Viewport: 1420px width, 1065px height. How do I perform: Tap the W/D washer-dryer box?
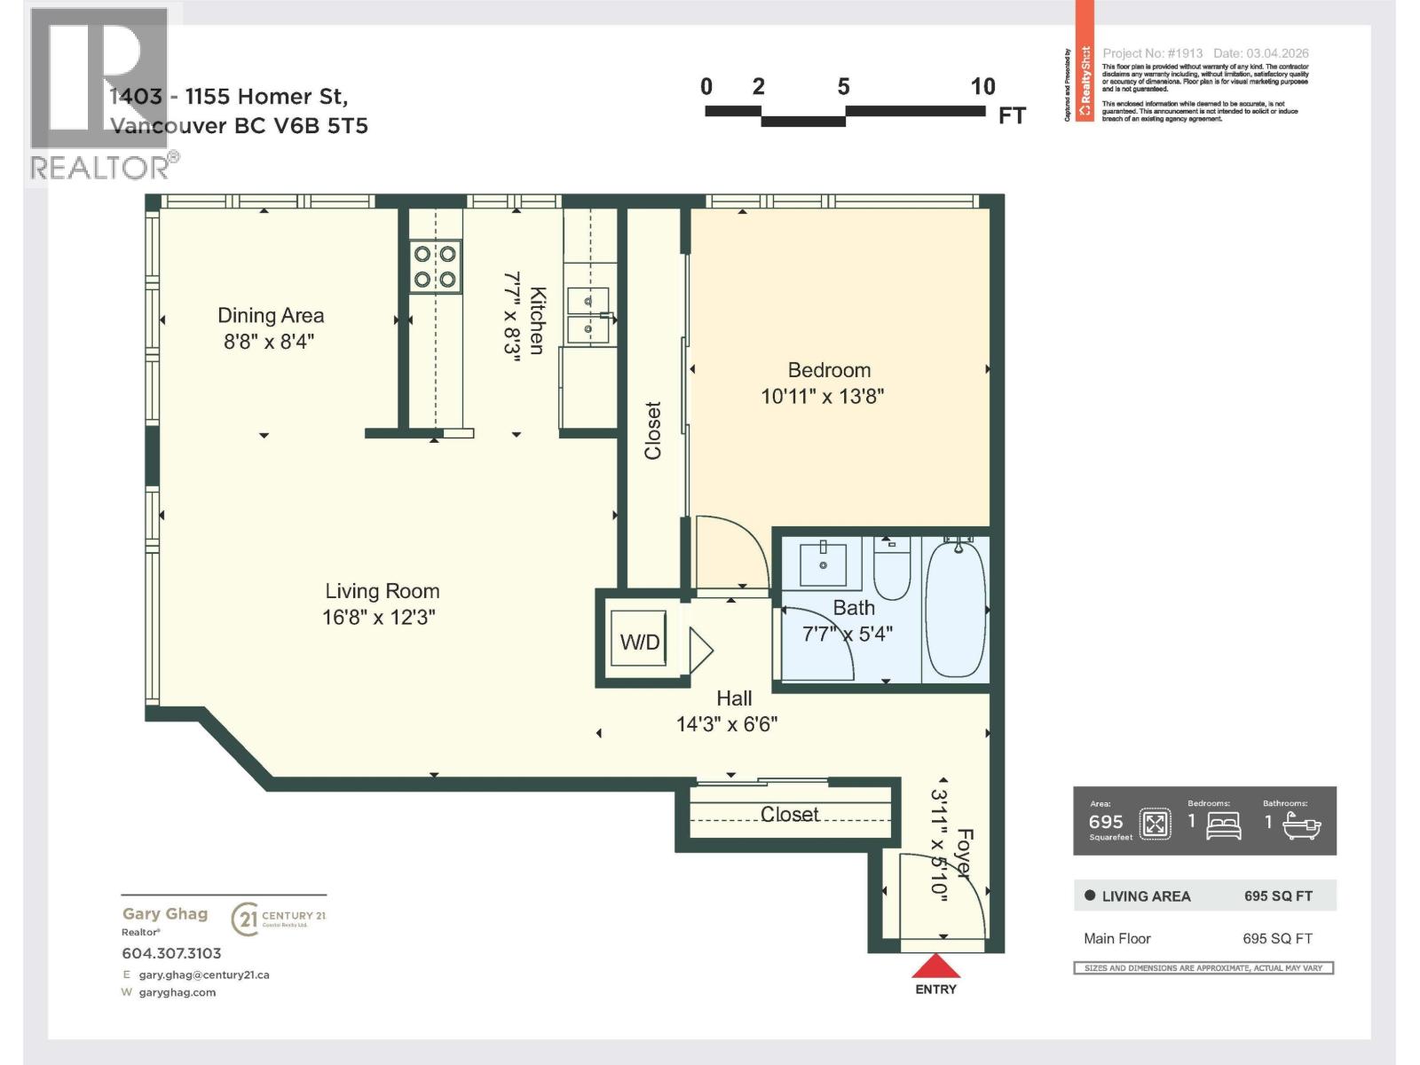[639, 642]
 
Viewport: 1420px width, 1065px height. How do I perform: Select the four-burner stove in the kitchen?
[435, 266]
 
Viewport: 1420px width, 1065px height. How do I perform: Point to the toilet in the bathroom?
[892, 568]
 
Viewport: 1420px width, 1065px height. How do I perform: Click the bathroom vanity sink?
[823, 564]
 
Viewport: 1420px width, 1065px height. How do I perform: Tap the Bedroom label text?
[829, 370]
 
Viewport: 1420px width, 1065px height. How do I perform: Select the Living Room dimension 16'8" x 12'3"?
[379, 618]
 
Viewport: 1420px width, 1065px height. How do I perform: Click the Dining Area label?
[271, 316]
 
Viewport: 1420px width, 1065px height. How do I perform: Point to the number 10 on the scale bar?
[982, 87]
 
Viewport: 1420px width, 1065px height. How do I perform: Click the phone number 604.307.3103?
[171, 953]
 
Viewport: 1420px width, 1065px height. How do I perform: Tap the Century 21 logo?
[278, 919]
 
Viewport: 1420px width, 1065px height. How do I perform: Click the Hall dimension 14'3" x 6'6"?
[727, 724]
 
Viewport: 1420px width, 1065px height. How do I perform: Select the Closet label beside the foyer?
[789, 815]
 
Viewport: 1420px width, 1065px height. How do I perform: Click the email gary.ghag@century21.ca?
[203, 974]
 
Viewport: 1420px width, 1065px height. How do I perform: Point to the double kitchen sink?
[588, 315]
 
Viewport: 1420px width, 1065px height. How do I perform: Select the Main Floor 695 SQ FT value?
[1277, 938]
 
